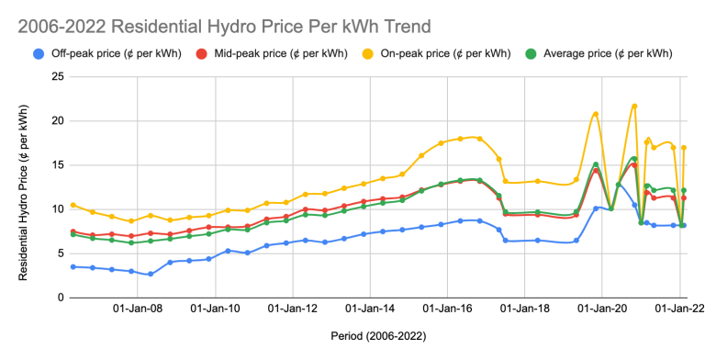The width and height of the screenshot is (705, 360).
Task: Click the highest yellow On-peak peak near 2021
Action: [634, 106]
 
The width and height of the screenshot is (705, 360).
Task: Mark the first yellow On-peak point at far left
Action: [73, 205]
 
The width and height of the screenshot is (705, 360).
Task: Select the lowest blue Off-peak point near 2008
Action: [151, 275]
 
